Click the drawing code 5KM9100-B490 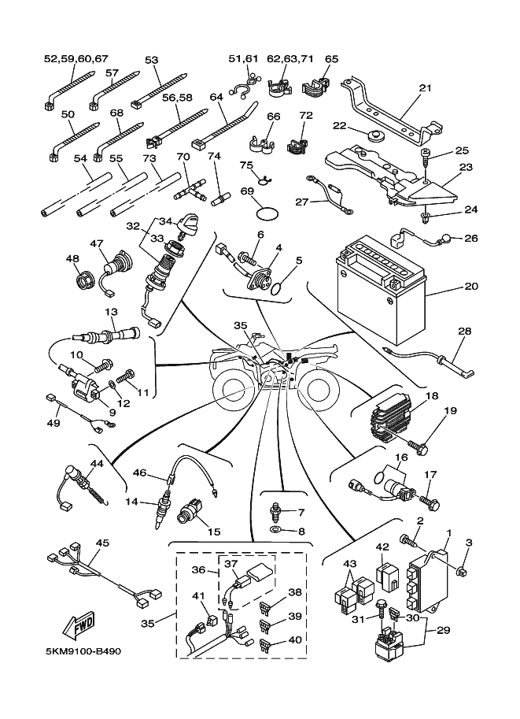(x=79, y=652)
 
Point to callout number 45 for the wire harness (x=102, y=544)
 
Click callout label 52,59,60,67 (x=76, y=58)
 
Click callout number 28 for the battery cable (x=466, y=332)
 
